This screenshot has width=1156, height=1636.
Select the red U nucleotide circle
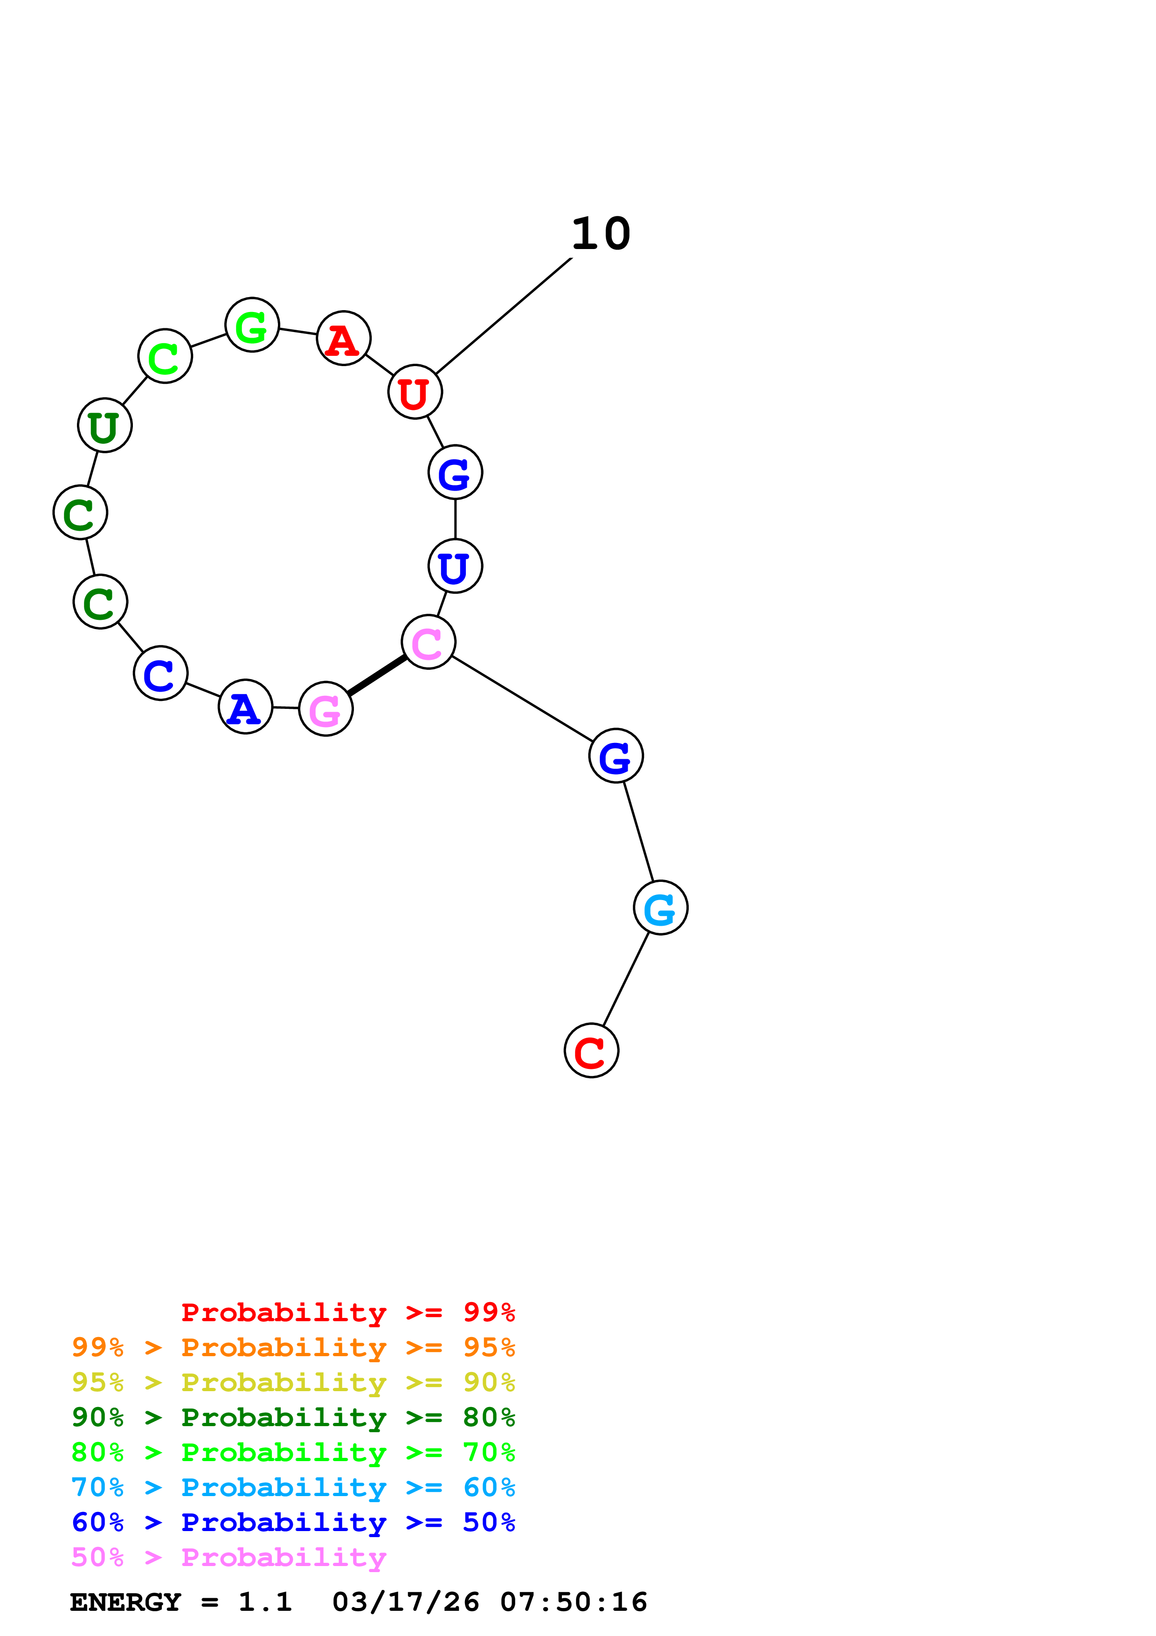point(415,392)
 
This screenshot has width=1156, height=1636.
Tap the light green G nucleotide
point(252,325)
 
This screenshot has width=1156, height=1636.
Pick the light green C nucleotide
point(165,356)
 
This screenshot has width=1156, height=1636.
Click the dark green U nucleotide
point(105,425)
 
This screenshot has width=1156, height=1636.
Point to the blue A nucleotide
point(245,707)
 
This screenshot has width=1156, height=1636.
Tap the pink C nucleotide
point(428,642)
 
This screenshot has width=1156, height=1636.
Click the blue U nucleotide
point(455,567)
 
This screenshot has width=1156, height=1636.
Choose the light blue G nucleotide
point(660,908)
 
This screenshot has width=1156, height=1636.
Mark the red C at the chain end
point(591,1051)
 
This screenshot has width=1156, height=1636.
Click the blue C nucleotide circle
point(160,673)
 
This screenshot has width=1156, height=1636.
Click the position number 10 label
point(601,234)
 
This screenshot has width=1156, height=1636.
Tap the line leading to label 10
point(504,316)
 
